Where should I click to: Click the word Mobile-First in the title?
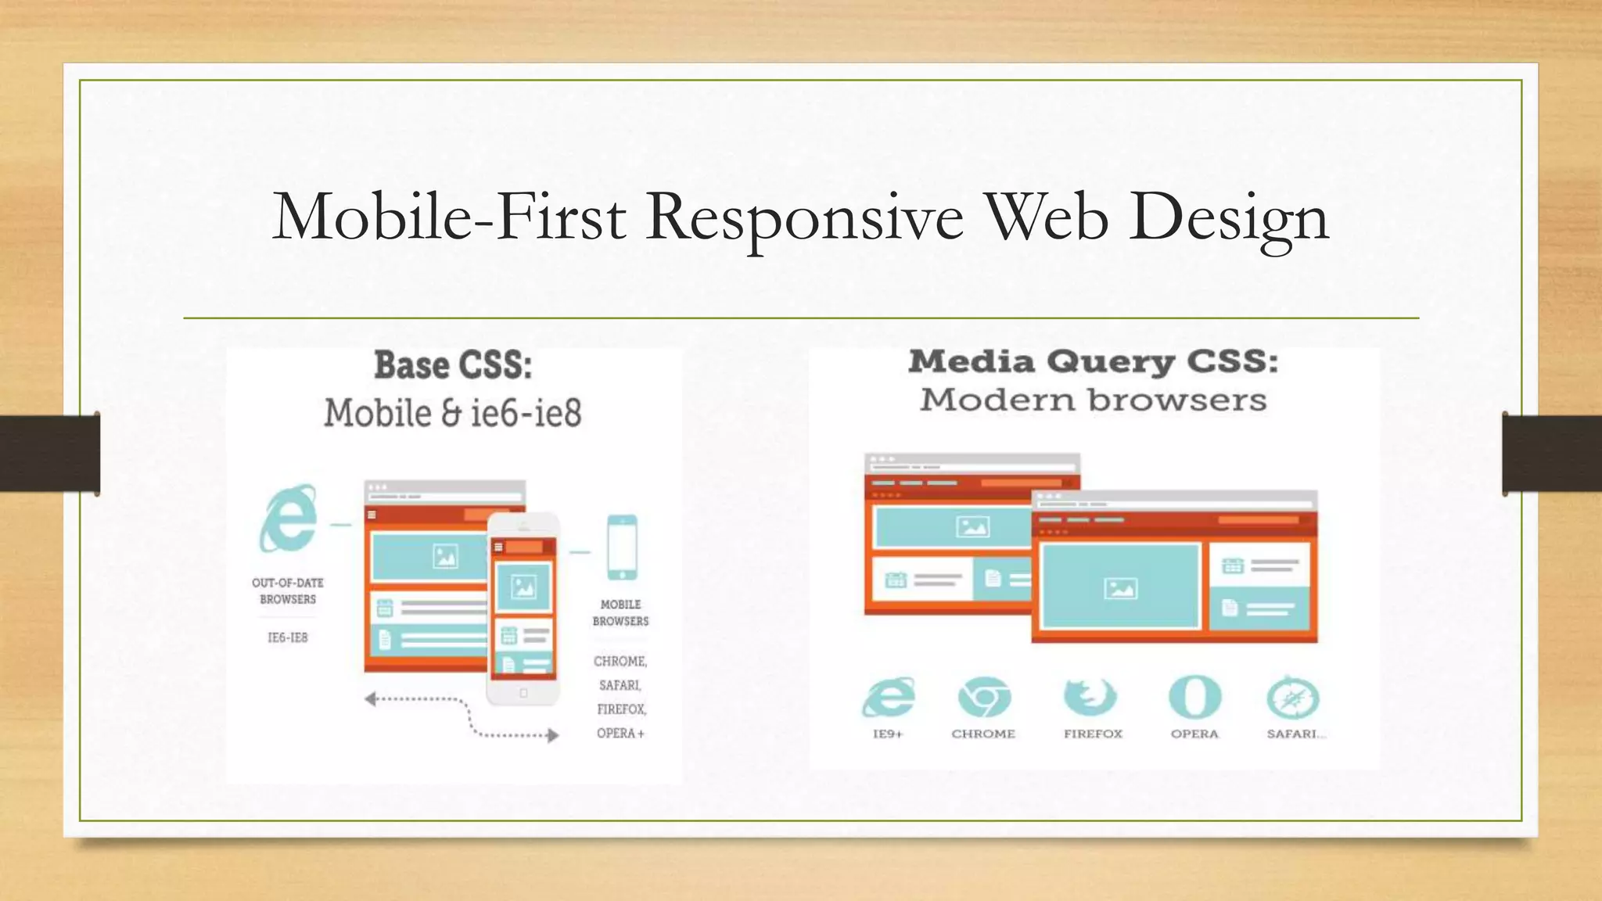point(449,217)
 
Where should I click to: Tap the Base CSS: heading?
point(453,365)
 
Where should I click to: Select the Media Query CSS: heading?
point(1093,361)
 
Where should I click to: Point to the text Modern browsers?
point(1093,400)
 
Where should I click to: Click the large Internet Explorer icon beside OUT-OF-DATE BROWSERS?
point(289,518)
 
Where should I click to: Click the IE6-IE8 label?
point(288,637)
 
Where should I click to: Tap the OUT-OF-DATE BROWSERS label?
point(288,591)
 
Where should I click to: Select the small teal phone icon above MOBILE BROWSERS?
point(622,547)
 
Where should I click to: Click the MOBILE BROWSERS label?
point(620,612)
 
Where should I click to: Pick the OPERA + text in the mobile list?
point(620,734)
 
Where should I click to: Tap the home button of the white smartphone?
point(523,693)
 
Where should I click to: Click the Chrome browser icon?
point(984,697)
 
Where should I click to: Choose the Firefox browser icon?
point(1090,697)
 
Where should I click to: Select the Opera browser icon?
point(1194,697)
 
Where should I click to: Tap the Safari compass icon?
point(1293,698)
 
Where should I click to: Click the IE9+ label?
point(888,734)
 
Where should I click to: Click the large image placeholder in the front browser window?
point(1120,587)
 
